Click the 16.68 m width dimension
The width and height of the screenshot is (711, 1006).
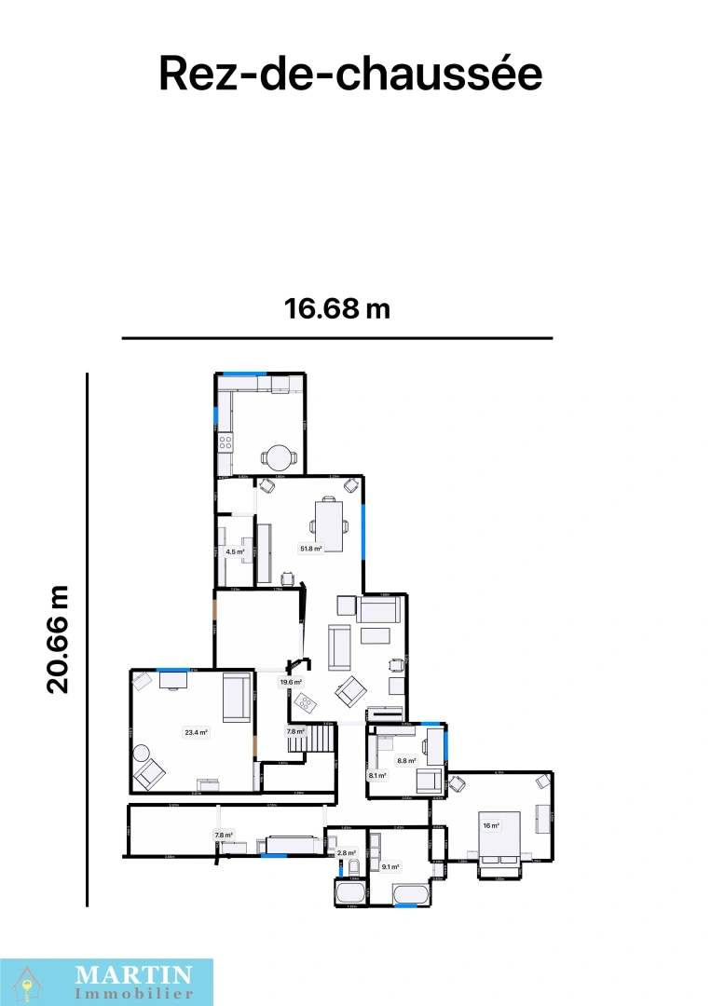tap(337, 308)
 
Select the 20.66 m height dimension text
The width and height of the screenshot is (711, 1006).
tap(59, 639)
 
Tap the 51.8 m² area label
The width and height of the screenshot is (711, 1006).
tap(310, 549)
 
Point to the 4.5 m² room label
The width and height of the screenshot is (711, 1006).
tap(236, 551)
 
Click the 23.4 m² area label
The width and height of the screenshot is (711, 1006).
tap(196, 732)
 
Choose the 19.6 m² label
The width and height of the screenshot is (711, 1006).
tap(292, 682)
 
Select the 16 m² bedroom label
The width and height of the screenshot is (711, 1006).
tap(490, 825)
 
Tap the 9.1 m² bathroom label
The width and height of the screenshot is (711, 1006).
tap(390, 867)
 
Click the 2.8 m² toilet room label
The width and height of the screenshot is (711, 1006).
tap(347, 853)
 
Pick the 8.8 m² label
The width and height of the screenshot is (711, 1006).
tap(406, 760)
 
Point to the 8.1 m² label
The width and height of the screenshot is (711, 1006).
tap(377, 775)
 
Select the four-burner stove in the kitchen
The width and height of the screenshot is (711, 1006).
tap(225, 443)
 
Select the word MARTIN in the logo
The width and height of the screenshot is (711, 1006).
tap(133, 974)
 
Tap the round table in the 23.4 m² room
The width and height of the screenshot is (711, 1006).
tap(141, 753)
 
